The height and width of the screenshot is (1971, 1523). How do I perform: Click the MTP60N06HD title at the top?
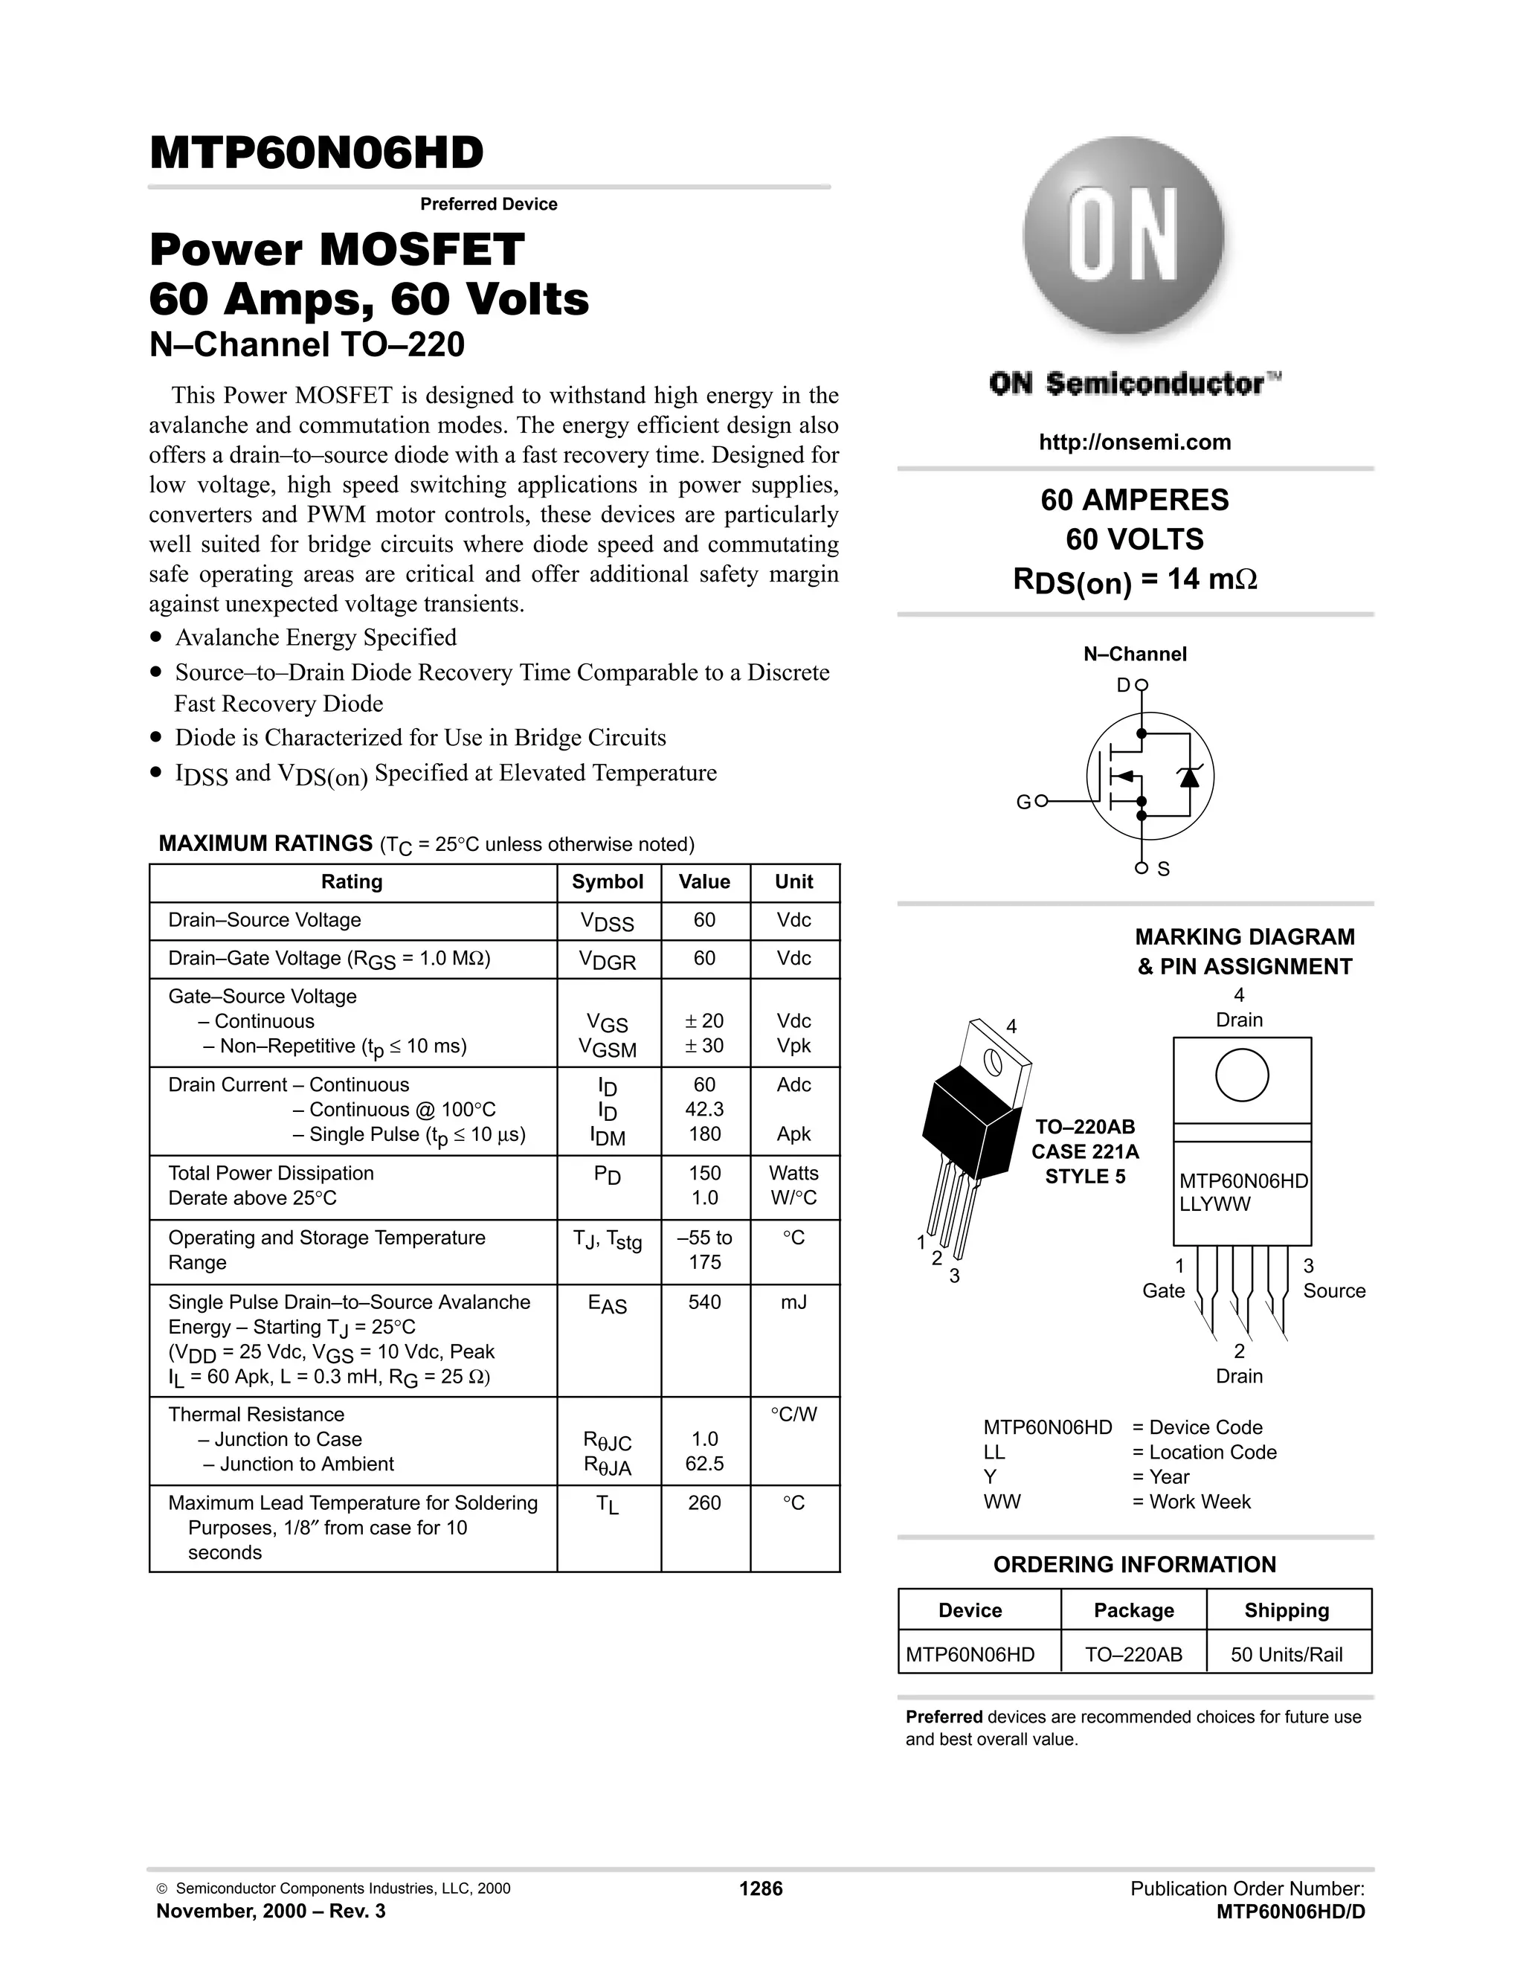coord(317,153)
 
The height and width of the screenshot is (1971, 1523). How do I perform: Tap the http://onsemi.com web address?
coord(1134,443)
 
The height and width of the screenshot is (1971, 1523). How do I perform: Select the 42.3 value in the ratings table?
coord(703,1109)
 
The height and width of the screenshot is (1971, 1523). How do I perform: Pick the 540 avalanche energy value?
coord(703,1302)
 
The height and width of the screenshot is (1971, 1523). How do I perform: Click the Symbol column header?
coord(608,881)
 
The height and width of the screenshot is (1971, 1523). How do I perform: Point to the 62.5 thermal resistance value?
coord(703,1464)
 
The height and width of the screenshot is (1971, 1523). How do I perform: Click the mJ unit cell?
coord(794,1302)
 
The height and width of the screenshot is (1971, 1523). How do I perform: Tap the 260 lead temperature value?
coord(703,1502)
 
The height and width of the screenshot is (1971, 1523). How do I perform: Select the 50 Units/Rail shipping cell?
coord(1287,1654)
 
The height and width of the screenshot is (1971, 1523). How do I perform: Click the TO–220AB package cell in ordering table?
coord(1133,1654)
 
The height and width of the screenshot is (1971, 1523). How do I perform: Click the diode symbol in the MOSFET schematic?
coord(1189,776)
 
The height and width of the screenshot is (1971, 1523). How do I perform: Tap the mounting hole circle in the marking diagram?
coord(1241,1075)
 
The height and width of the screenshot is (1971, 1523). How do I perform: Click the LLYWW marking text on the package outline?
coord(1214,1204)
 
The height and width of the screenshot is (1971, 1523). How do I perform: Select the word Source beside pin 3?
coord(1333,1290)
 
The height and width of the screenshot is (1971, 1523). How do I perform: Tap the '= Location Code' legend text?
coord(1204,1452)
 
